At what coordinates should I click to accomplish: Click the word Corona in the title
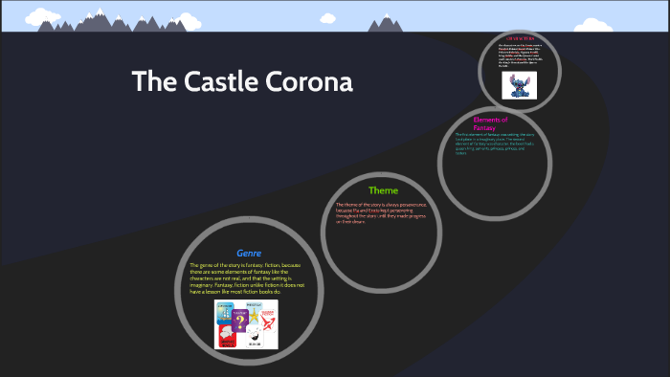[310, 82]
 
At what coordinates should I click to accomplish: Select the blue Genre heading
[249, 254]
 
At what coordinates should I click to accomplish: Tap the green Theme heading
[383, 190]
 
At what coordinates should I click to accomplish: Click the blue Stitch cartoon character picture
[521, 85]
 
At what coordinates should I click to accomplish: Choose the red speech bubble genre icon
[228, 335]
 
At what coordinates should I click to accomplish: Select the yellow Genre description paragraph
[247, 277]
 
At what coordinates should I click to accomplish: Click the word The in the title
[151, 82]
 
